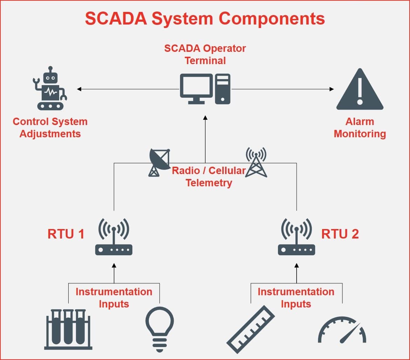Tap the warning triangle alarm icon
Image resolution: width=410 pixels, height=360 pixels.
coord(360,90)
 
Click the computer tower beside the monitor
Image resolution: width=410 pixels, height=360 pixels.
coord(223,89)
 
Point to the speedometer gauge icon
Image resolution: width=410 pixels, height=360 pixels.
coord(342,331)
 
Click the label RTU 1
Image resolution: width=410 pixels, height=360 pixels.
coord(66,234)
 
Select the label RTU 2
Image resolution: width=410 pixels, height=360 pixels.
coord(340,234)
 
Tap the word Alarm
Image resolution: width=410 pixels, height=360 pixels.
coord(360,122)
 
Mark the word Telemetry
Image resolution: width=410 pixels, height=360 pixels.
coord(209,183)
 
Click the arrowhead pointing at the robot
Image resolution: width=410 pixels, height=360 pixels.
coord(79,89)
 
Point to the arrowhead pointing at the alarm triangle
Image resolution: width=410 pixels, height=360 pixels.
coord(332,89)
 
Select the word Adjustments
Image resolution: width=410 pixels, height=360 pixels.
coord(50,134)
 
